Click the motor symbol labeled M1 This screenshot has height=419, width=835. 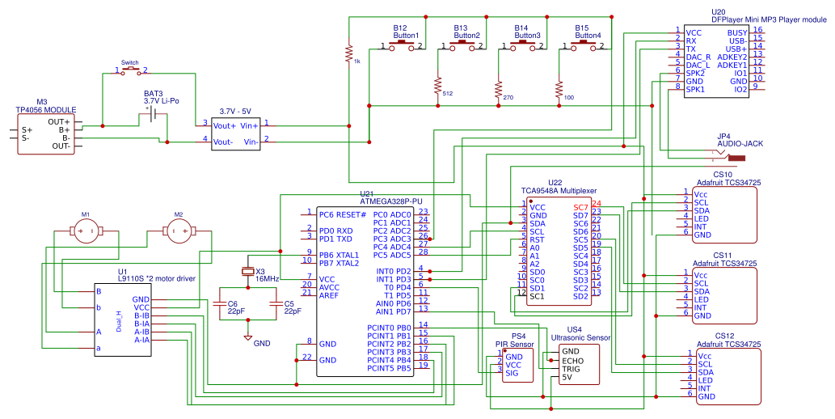coord(85,232)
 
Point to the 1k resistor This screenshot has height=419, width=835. coord(348,53)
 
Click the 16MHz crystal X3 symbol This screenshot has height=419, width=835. coord(248,270)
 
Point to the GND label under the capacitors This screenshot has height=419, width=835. coord(262,343)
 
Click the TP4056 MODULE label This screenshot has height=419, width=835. coord(46,110)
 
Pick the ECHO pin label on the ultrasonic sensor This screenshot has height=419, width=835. coord(572,361)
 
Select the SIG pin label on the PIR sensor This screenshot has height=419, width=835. coord(512,373)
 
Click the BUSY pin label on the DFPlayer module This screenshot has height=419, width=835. coord(736,32)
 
